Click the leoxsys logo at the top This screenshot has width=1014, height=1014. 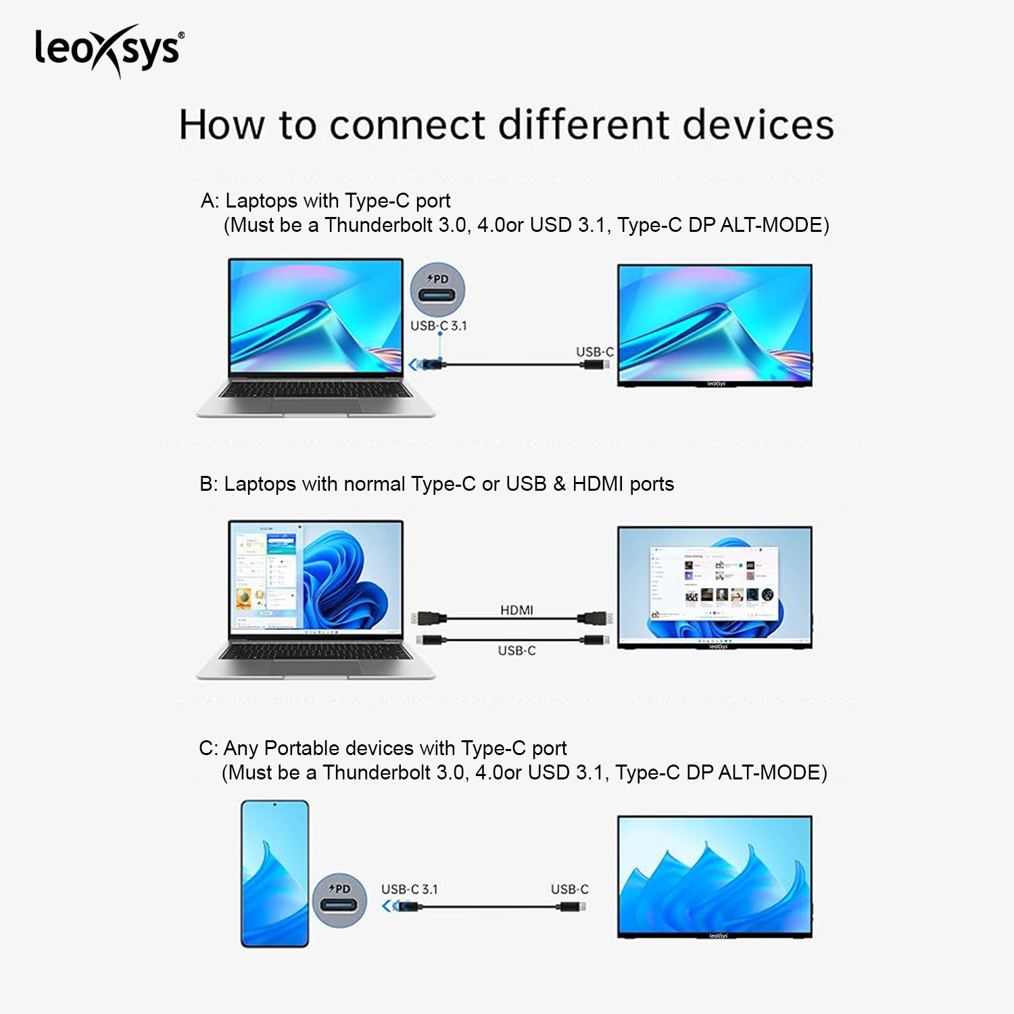coord(109,51)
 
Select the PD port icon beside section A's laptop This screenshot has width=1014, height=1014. coord(438,290)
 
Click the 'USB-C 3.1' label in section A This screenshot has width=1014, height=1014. coord(439,326)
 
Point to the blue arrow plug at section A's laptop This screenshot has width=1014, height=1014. coord(427,365)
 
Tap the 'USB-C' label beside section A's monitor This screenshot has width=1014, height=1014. coord(595,352)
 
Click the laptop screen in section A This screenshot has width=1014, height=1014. coord(316,316)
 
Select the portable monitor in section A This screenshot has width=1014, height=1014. coord(715,325)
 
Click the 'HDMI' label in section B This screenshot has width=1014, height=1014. coord(517,610)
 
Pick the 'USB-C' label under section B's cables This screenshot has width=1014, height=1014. coord(517,650)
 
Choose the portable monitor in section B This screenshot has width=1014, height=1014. coord(715,587)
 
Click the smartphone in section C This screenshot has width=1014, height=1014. coord(275,873)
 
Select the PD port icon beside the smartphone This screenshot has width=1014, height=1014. coord(339,901)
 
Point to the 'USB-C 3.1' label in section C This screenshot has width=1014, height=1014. coord(410,890)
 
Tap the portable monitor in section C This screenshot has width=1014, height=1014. coord(715,877)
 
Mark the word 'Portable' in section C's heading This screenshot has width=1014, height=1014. coord(301,748)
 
